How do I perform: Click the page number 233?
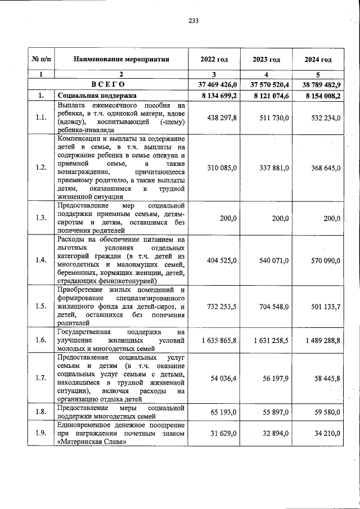(193, 21)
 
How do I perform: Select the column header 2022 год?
(214, 60)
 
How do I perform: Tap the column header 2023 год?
(267, 60)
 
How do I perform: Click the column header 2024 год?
(318, 60)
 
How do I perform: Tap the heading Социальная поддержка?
(93, 96)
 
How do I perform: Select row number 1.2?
(40, 168)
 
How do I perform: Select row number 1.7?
(40, 377)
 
